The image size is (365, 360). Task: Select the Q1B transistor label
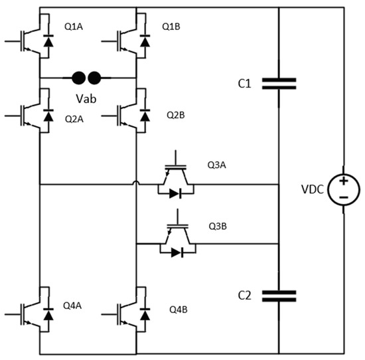pyautogui.click(x=171, y=27)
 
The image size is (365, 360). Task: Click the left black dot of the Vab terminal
pyautogui.click(x=79, y=78)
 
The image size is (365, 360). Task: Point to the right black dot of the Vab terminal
pyautogui.click(x=94, y=78)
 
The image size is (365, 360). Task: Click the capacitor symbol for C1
pyautogui.click(x=279, y=83)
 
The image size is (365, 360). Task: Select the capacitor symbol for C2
pyautogui.click(x=279, y=295)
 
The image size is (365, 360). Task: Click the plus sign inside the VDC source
pyautogui.click(x=343, y=181)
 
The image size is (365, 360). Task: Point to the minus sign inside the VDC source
pyautogui.click(x=343, y=197)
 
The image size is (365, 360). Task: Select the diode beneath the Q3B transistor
pyautogui.click(x=174, y=252)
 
